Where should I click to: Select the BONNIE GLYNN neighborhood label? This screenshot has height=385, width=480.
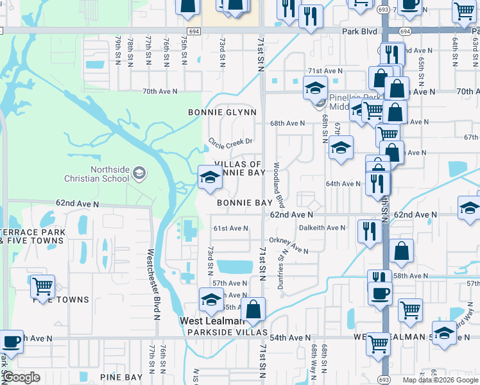[x=222, y=112]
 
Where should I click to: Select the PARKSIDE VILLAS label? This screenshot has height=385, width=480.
[x=227, y=332]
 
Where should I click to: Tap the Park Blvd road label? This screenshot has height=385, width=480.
[x=359, y=31]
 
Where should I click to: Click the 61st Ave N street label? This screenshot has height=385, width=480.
[x=230, y=228]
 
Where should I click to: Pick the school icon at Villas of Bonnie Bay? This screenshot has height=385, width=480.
[x=209, y=177]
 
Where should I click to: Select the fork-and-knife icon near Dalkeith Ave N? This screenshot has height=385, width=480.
[x=368, y=230]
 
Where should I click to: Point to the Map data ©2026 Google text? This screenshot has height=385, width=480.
[x=440, y=380]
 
